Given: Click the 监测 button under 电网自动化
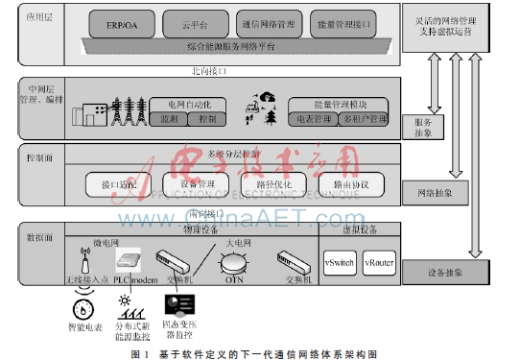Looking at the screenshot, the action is pyautogui.click(x=169, y=118).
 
